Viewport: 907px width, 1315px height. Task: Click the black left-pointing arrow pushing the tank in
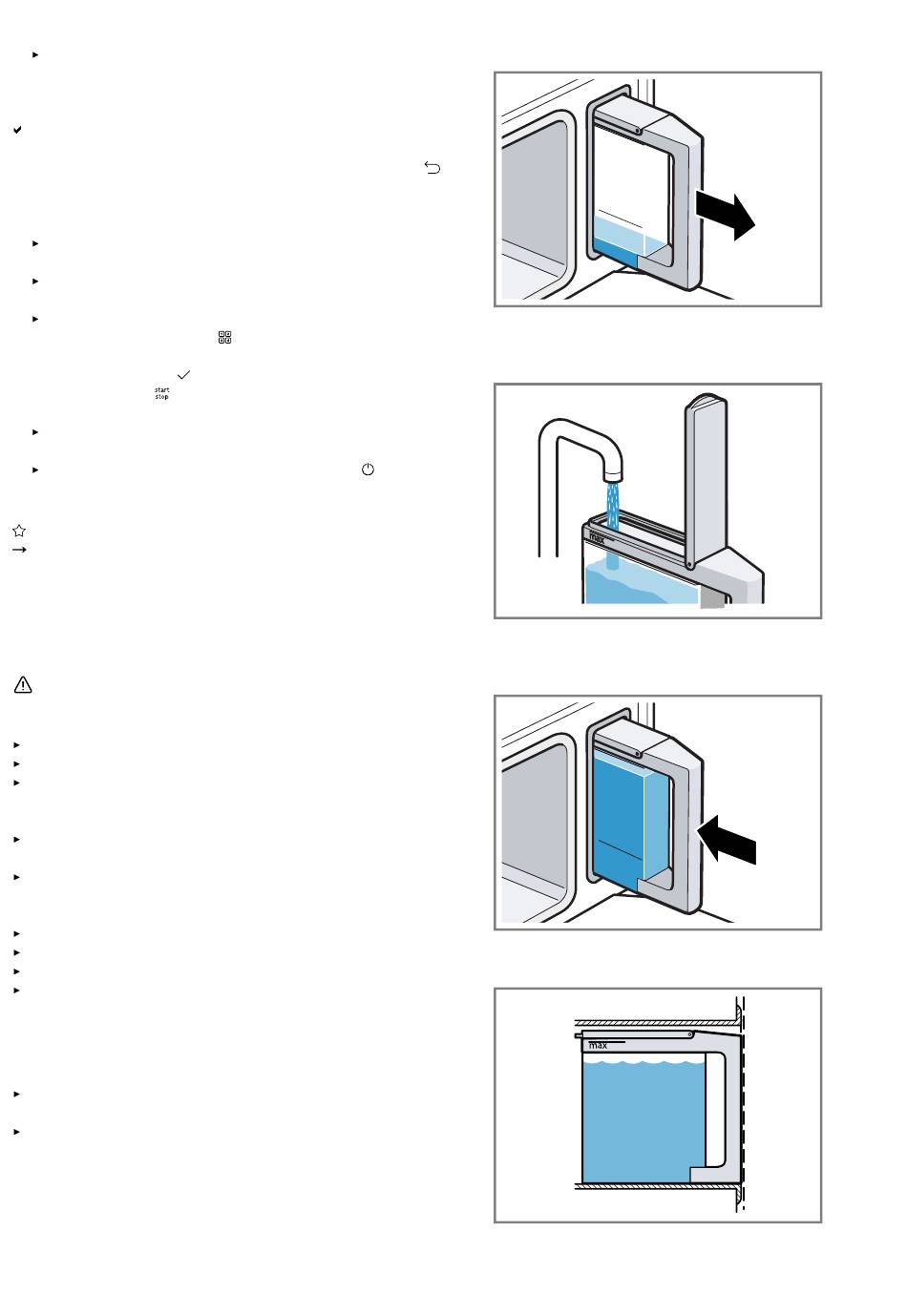point(728,842)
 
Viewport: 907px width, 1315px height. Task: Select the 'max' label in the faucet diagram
point(597,537)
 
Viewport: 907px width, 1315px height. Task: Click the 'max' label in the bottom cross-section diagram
point(599,1045)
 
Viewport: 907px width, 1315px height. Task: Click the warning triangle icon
point(23,685)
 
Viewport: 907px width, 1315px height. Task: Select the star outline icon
point(18,531)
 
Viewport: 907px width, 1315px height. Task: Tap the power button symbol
point(368,470)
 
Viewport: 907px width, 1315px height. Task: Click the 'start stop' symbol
point(161,393)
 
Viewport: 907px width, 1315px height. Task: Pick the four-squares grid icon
point(225,337)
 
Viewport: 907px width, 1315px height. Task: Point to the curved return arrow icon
point(432,169)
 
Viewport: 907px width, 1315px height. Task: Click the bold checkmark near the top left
point(18,129)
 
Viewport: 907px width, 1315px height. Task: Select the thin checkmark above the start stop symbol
point(184,376)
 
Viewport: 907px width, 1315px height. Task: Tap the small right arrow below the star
point(17,550)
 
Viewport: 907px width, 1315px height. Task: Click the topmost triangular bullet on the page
point(36,54)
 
